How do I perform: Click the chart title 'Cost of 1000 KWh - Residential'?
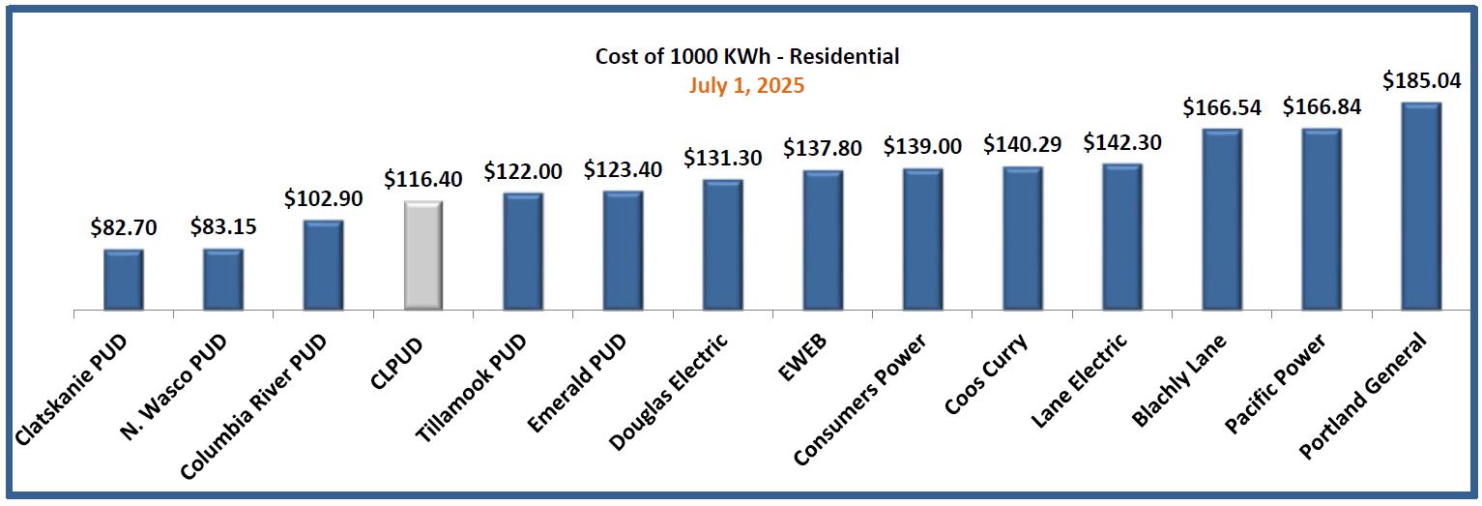(x=746, y=56)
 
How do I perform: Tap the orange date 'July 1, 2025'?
(x=746, y=85)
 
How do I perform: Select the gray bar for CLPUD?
(x=422, y=256)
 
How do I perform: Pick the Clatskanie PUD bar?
(x=124, y=280)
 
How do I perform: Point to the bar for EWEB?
(x=823, y=241)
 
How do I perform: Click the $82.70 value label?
(x=124, y=228)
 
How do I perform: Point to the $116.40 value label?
(x=422, y=179)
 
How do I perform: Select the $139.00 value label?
(x=922, y=146)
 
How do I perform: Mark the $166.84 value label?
(x=1322, y=106)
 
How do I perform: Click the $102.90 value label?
(x=323, y=198)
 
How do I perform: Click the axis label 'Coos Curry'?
(x=986, y=372)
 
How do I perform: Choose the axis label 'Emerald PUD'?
(x=578, y=381)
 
